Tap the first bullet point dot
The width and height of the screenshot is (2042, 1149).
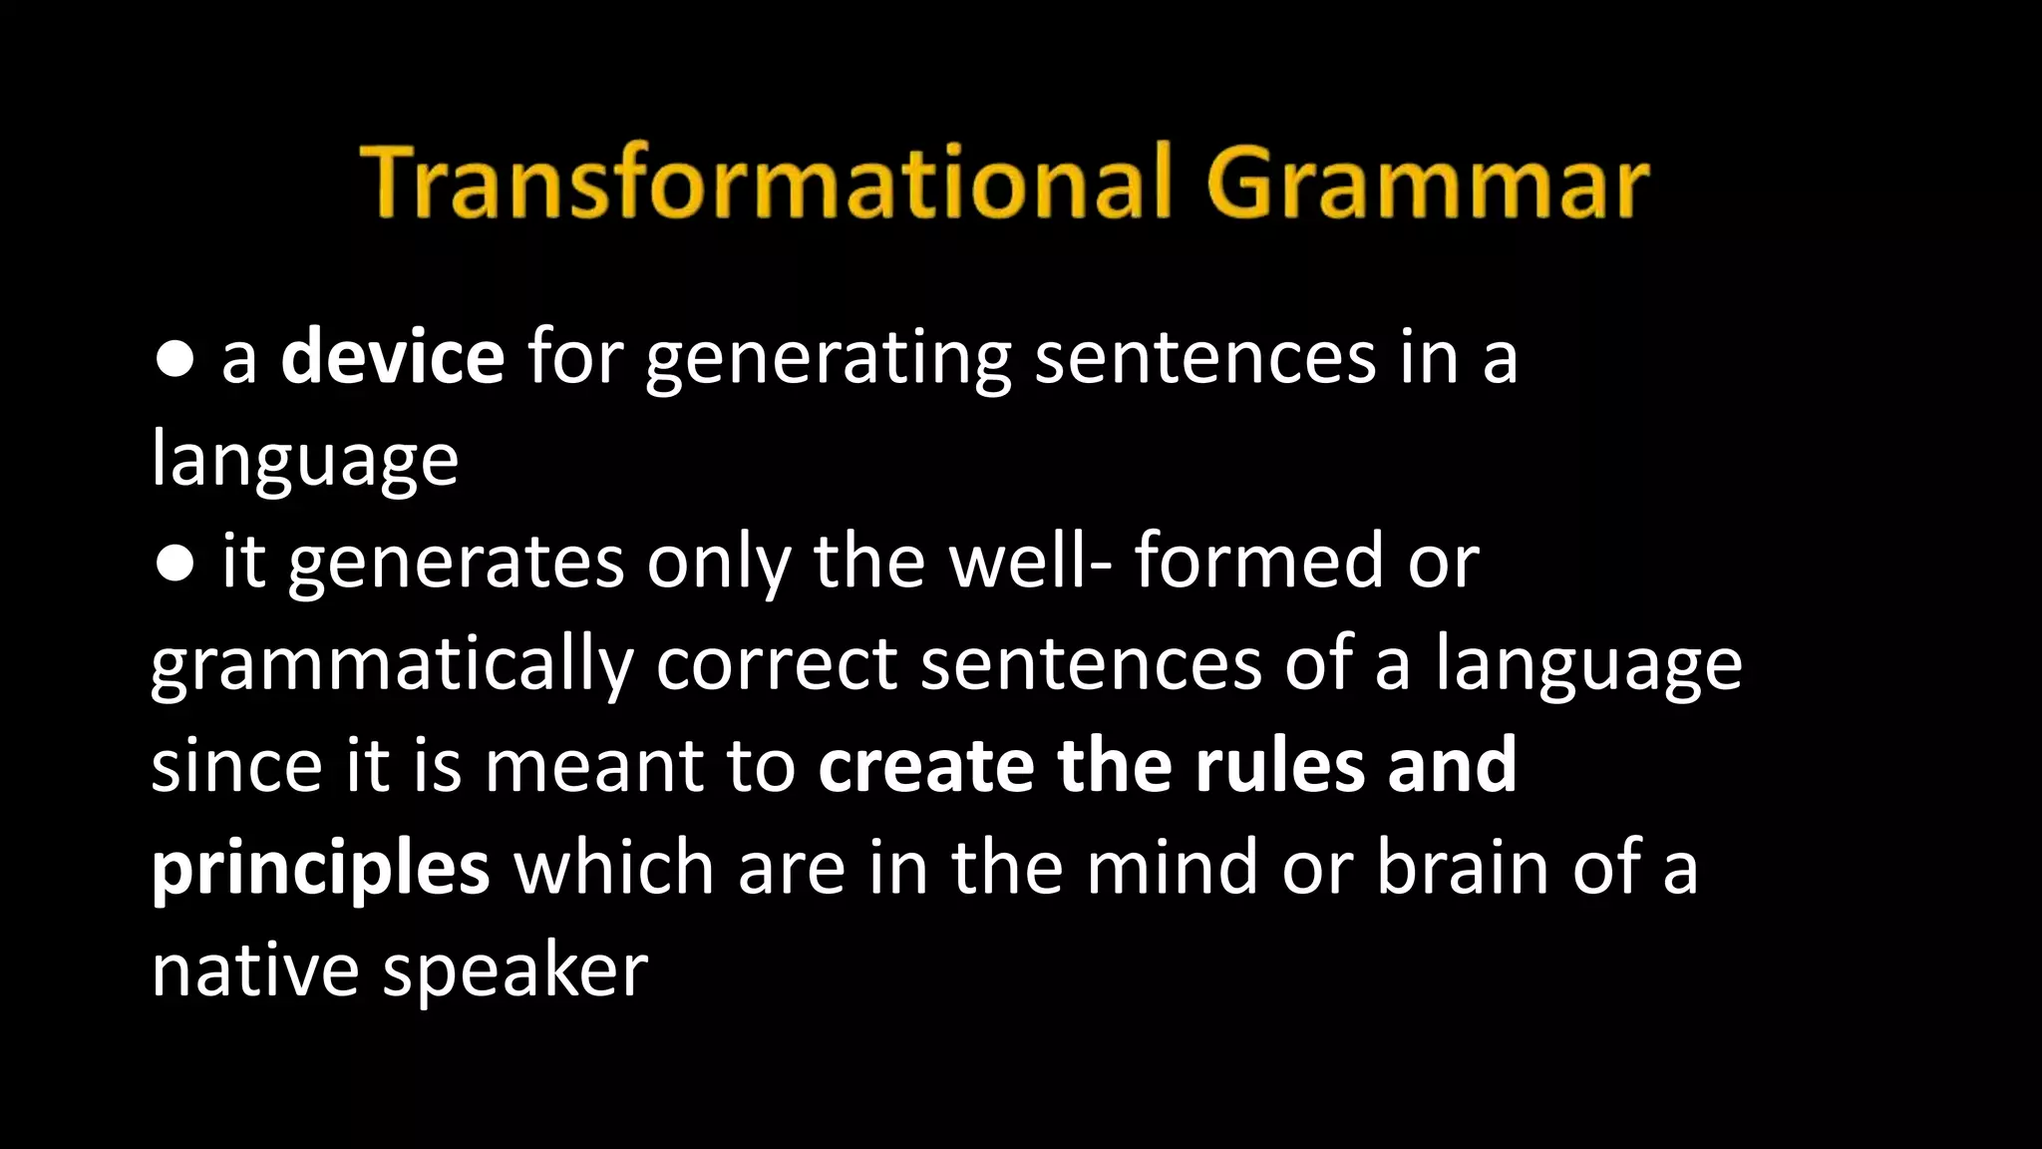click(x=175, y=360)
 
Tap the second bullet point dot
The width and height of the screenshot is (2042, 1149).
click(x=175, y=564)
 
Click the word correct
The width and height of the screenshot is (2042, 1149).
click(x=777, y=666)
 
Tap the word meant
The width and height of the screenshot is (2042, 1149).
click(x=592, y=766)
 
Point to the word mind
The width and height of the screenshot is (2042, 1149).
click(x=1172, y=868)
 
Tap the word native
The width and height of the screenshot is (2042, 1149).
click(x=255, y=969)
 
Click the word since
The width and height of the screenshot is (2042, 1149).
click(x=236, y=766)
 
